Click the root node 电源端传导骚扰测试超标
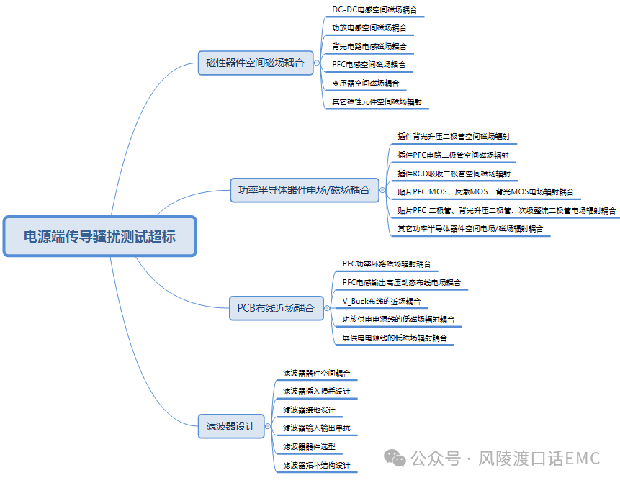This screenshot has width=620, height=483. (99, 236)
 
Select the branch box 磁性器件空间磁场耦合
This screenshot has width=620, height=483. (255, 63)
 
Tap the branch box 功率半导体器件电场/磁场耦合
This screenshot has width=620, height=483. (304, 190)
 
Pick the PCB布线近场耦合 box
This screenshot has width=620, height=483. (276, 308)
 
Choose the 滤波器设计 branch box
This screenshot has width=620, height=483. (230, 426)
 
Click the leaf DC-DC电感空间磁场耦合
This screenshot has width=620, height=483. (374, 10)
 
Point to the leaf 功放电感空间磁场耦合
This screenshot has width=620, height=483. (369, 28)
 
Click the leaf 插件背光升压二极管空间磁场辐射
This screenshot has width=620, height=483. (454, 136)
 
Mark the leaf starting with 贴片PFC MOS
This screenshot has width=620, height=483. (486, 192)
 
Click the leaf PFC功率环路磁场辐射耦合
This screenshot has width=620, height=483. (387, 263)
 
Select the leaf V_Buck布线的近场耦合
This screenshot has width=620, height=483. (381, 301)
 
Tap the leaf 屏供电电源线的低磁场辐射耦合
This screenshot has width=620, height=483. (395, 338)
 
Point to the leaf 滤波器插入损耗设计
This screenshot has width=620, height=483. (316, 391)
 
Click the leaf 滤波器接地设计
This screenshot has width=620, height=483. (309, 410)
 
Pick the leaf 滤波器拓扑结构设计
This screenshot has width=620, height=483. (316, 465)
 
